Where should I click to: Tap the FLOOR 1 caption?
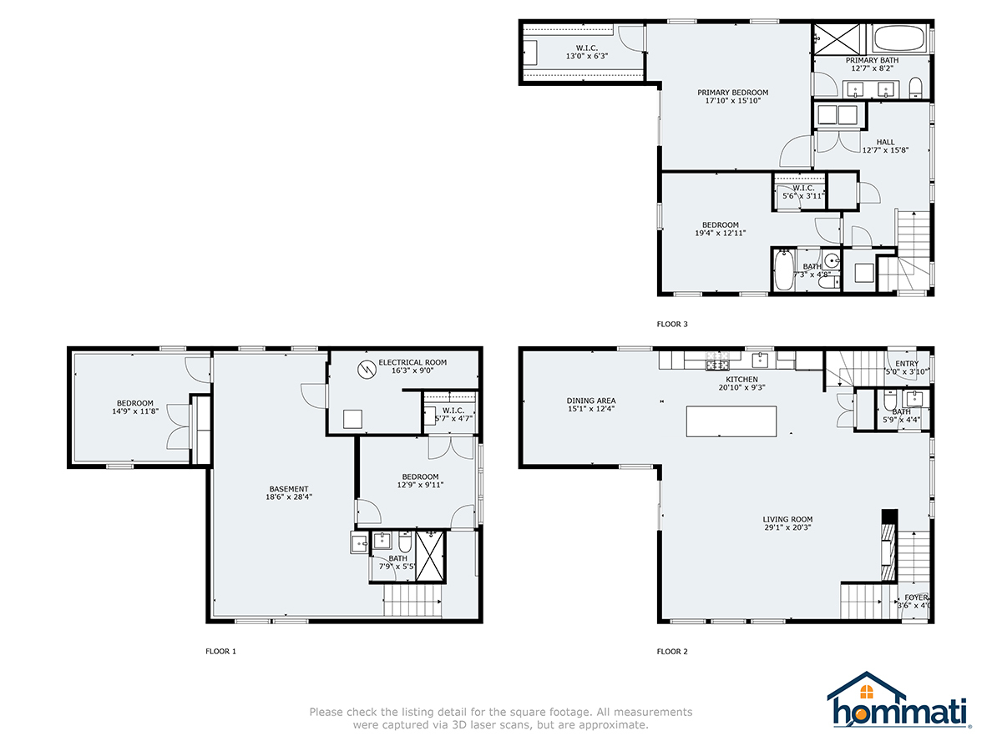pyautogui.click(x=220, y=651)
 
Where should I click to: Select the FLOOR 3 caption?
pyautogui.click(x=672, y=324)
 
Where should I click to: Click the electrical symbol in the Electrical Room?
pyautogui.click(x=365, y=367)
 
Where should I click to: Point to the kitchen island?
pyautogui.click(x=731, y=421)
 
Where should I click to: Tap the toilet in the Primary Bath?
pyautogui.click(x=914, y=88)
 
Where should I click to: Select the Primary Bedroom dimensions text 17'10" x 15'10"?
pyautogui.click(x=732, y=101)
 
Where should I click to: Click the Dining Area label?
pyautogui.click(x=590, y=401)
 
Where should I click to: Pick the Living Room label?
pyautogui.click(x=787, y=519)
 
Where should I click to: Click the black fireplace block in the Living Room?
pyautogui.click(x=889, y=517)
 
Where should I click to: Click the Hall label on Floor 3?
pyautogui.click(x=885, y=142)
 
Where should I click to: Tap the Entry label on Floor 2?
pyautogui.click(x=907, y=364)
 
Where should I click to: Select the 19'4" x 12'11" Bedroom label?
pyautogui.click(x=720, y=225)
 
